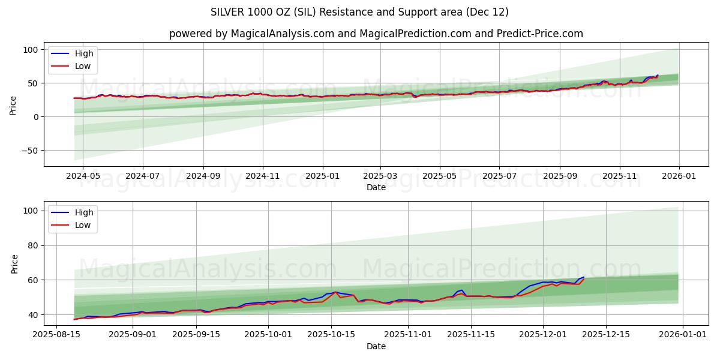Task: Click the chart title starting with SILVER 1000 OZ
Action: tap(359, 12)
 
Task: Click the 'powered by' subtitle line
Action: tap(376, 34)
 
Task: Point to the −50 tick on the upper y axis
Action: tap(29, 151)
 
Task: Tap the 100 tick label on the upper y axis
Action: tap(31, 50)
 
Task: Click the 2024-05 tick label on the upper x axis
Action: tap(83, 176)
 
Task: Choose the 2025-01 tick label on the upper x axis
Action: tap(323, 176)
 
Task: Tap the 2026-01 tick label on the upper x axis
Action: tap(679, 176)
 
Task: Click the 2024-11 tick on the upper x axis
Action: tap(263, 176)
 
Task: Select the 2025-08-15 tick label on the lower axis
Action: tap(57, 335)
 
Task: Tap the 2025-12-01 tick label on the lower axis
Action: tap(543, 335)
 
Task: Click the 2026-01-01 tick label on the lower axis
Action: tap(684, 335)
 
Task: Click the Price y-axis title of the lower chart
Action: tap(15, 263)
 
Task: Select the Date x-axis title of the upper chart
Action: tap(376, 187)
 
